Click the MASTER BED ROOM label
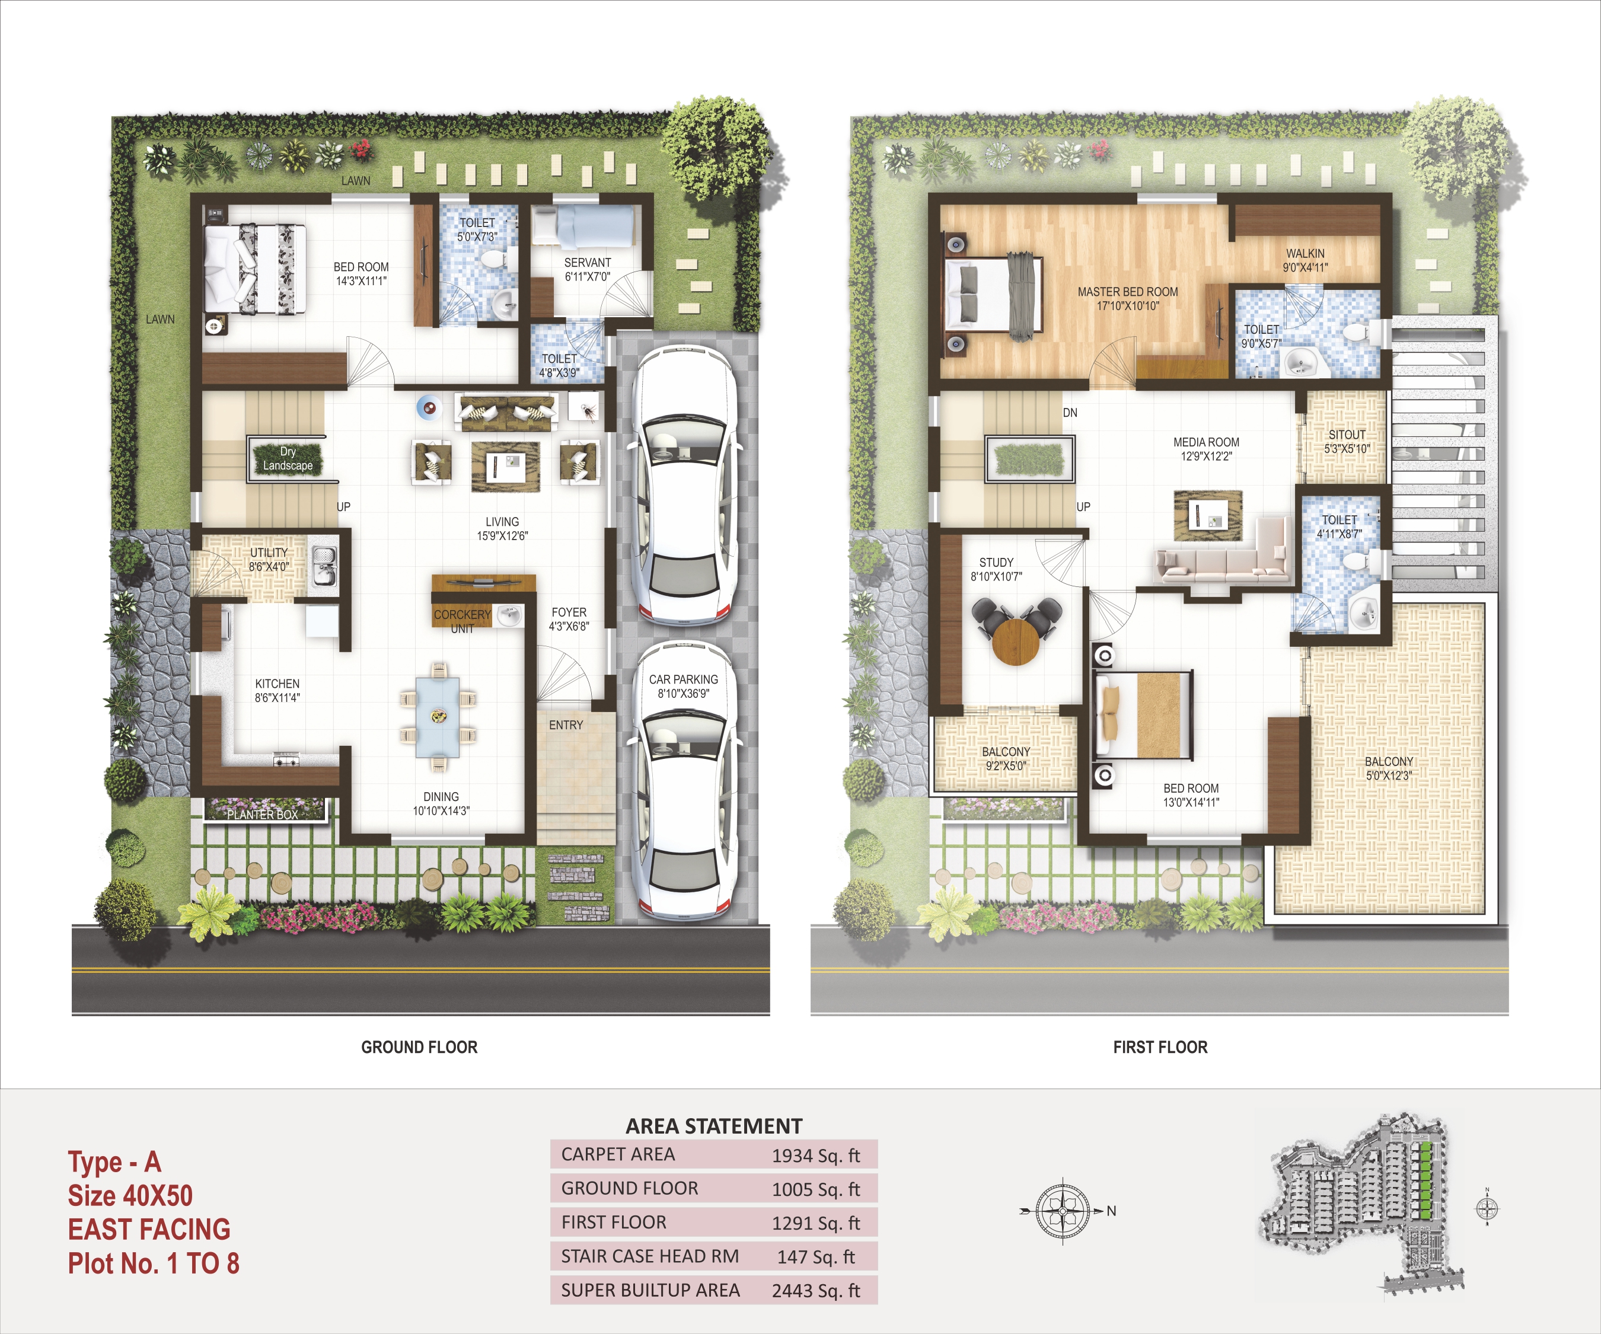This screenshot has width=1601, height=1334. tap(1128, 292)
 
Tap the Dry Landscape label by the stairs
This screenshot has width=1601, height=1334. tap(288, 458)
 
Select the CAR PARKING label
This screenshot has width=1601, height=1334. tap(683, 679)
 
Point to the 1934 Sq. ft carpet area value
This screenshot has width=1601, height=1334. tap(816, 1156)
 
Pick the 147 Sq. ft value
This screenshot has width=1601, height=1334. tap(816, 1256)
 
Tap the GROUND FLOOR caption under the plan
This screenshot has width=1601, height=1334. tap(419, 1048)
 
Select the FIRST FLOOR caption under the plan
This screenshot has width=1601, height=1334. tap(1160, 1048)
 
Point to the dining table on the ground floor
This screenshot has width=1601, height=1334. tap(438, 717)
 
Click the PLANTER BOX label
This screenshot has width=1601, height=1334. tap(262, 815)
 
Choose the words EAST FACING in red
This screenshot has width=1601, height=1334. tap(149, 1230)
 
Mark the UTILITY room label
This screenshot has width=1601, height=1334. tap(269, 553)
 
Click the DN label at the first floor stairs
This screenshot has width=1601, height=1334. tap(1070, 413)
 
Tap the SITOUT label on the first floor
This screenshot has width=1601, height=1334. tap(1347, 435)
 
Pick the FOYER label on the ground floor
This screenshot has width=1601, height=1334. tap(569, 612)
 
